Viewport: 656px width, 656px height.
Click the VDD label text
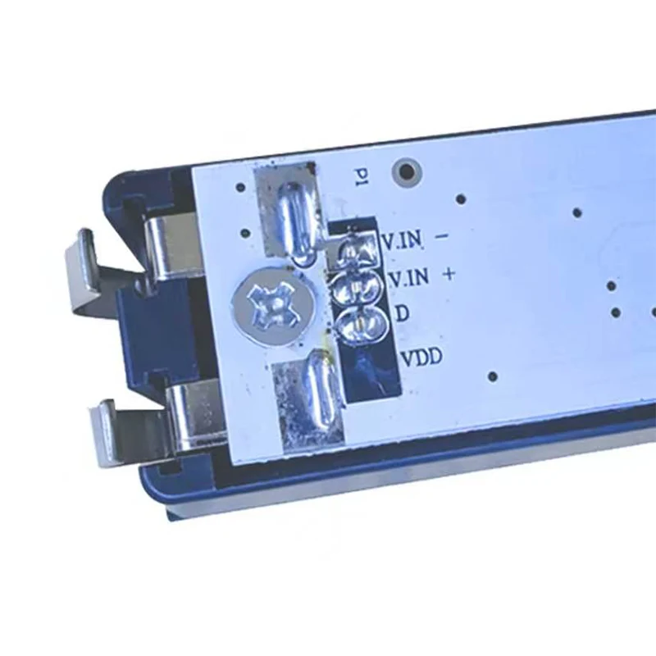pos(421,358)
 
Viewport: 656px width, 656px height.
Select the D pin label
pos(402,313)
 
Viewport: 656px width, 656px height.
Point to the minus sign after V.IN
pos(442,236)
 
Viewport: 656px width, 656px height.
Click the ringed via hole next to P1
pos(406,171)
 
